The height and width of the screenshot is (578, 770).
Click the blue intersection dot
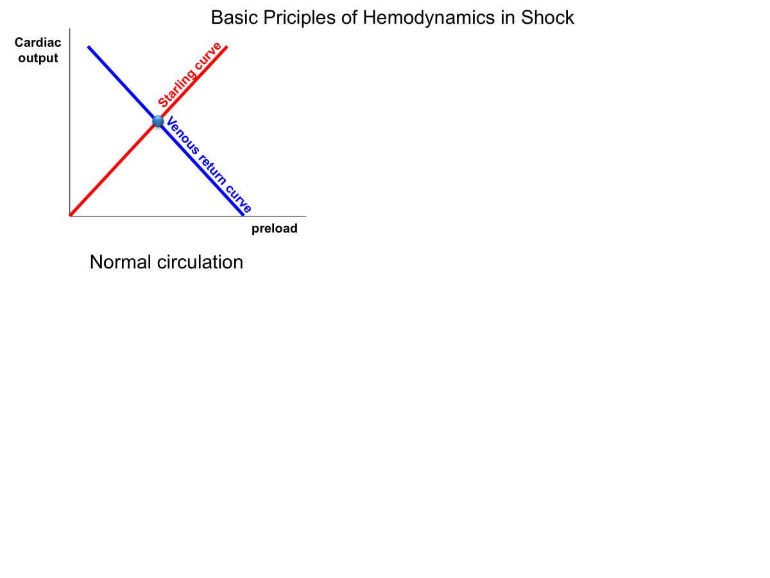(158, 121)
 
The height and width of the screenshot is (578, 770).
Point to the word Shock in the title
(547, 17)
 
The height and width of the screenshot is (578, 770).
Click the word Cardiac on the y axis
(38, 42)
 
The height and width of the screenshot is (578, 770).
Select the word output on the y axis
(38, 58)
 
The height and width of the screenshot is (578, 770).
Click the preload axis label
(275, 229)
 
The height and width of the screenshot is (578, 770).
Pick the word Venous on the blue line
(182, 135)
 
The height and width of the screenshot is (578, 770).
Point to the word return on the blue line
(212, 169)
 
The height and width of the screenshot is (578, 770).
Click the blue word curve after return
(239, 198)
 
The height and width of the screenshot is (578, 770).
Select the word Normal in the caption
(121, 262)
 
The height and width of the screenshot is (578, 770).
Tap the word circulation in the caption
(200, 262)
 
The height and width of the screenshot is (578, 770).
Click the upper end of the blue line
(89, 47)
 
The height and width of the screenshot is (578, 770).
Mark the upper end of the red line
(227, 47)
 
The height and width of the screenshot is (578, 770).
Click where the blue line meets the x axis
(243, 215)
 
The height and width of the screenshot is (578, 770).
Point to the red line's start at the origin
(71, 215)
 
